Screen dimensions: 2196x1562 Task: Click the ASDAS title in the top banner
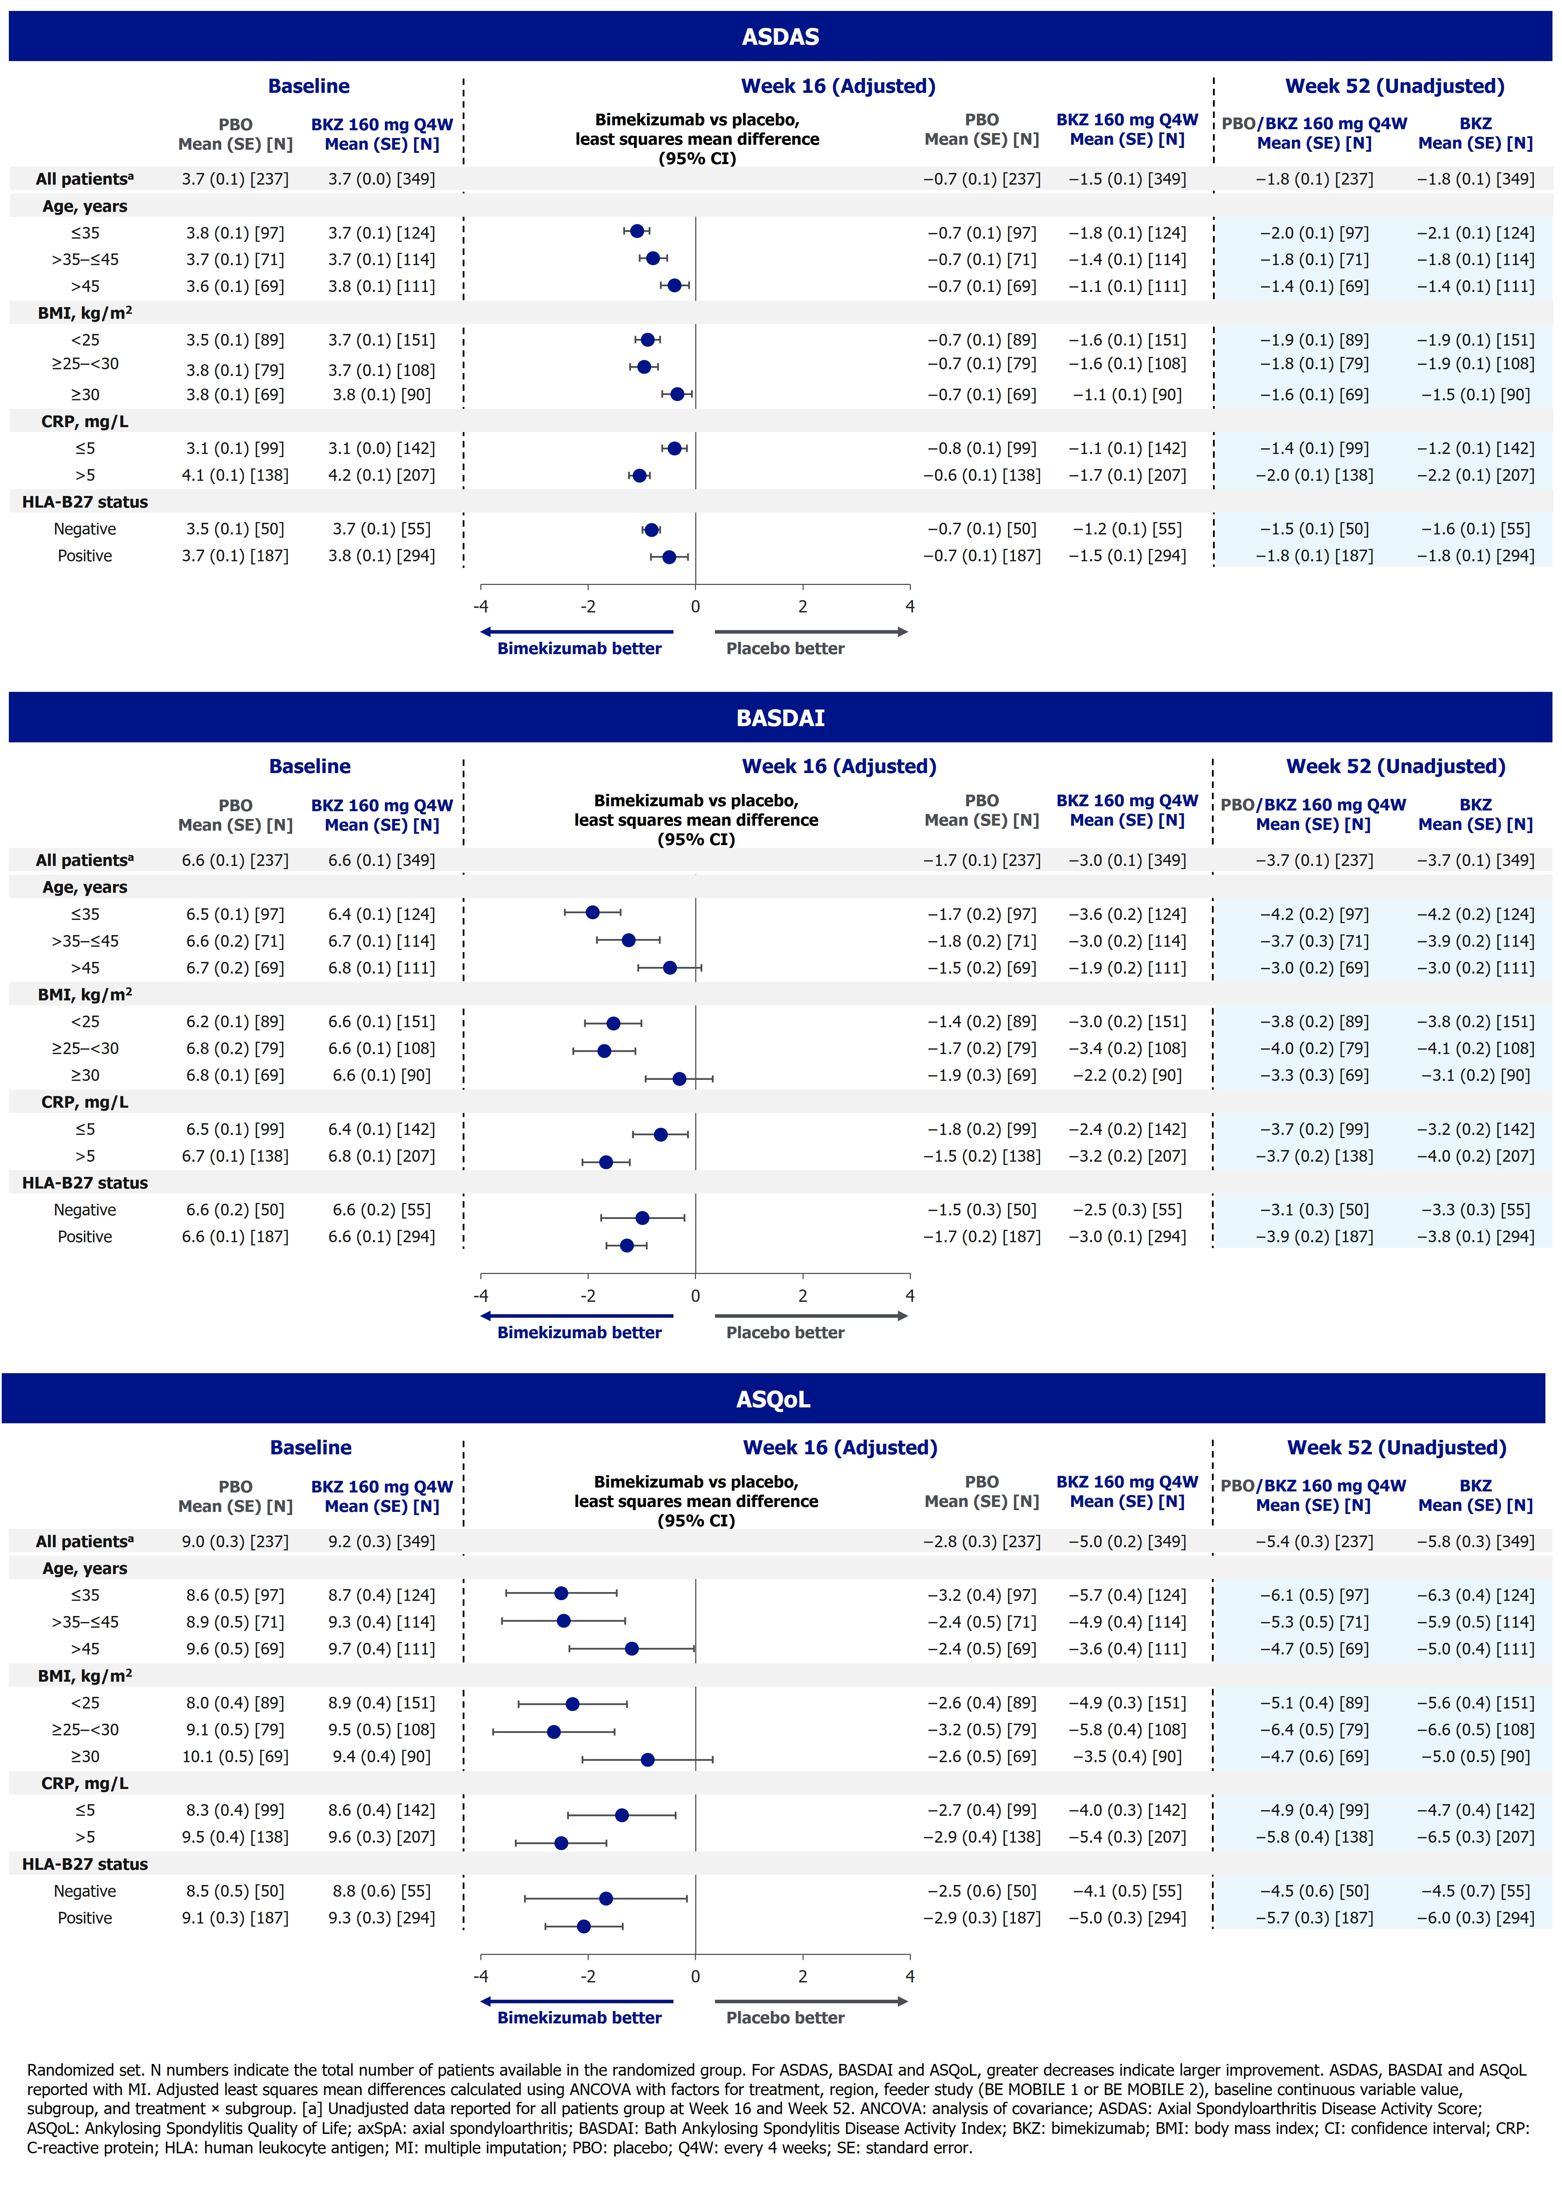click(x=780, y=37)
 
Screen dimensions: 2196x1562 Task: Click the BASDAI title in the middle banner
click(x=780, y=718)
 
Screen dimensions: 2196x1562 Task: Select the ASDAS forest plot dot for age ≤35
click(x=637, y=231)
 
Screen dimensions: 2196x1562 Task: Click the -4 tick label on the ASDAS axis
click(x=481, y=607)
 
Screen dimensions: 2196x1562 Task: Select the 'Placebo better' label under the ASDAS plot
click(x=785, y=648)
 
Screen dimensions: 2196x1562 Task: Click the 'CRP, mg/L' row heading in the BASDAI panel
click(x=85, y=1102)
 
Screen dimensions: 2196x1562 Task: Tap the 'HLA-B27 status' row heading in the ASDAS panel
click(x=85, y=502)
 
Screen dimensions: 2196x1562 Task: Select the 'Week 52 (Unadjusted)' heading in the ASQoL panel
click(x=1396, y=1448)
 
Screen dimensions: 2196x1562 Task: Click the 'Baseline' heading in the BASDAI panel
click(x=310, y=767)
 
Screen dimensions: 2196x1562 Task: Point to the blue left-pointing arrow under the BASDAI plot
click(x=577, y=1316)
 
